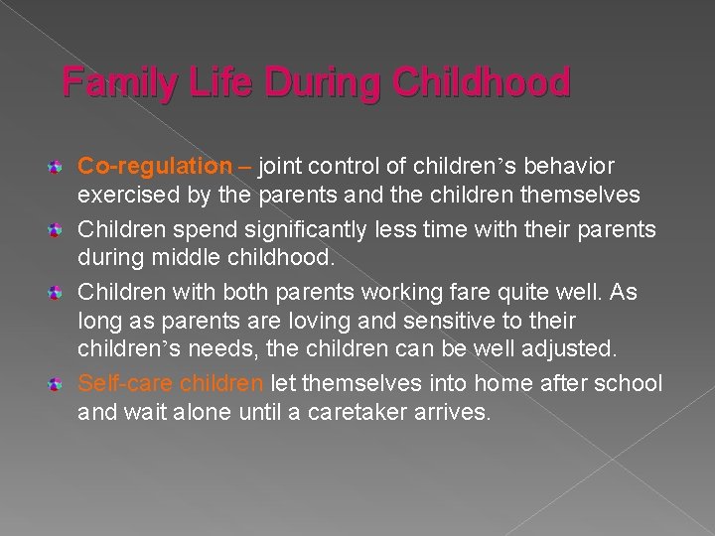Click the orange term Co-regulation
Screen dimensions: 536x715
153,166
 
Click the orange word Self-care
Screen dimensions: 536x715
125,384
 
